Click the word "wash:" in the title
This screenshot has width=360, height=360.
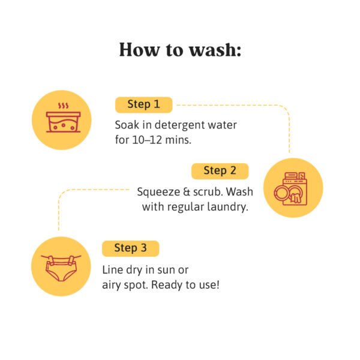(x=215, y=50)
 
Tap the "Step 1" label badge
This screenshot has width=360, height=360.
(x=144, y=104)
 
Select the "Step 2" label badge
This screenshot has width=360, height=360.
(x=220, y=171)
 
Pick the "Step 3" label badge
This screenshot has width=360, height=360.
(x=130, y=248)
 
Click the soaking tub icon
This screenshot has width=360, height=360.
(x=63, y=122)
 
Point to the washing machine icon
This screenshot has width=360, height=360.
(x=290, y=189)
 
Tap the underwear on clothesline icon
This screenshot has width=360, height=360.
(x=61, y=268)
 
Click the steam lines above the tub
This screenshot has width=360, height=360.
(x=63, y=106)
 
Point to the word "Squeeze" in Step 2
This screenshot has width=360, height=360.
(x=158, y=193)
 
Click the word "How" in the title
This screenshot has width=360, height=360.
(x=139, y=50)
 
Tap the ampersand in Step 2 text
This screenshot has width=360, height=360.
(x=185, y=193)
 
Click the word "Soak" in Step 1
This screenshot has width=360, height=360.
(x=127, y=125)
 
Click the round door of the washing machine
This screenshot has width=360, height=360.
(x=281, y=193)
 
